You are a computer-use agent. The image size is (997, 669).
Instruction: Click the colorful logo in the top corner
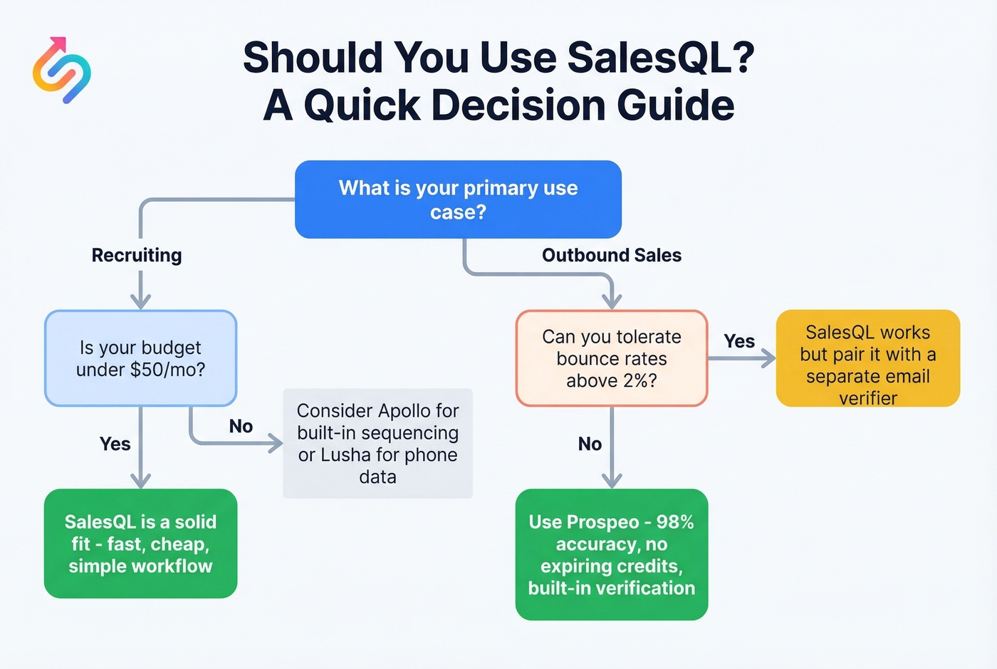pyautogui.click(x=62, y=71)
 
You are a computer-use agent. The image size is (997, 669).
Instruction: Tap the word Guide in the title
pyautogui.click(x=675, y=105)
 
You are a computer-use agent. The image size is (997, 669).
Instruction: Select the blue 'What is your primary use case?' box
pyautogui.click(x=458, y=199)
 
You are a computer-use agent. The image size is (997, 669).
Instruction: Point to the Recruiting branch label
pyautogui.click(x=137, y=255)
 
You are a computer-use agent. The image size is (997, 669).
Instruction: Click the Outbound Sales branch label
pyautogui.click(x=611, y=255)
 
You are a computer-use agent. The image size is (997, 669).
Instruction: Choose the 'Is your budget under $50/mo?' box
pyautogui.click(x=140, y=358)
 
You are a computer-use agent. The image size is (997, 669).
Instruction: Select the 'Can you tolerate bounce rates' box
pyautogui.click(x=611, y=358)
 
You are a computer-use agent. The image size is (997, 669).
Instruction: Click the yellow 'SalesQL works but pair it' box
pyautogui.click(x=867, y=358)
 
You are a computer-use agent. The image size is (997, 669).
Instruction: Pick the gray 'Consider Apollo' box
pyautogui.click(x=377, y=443)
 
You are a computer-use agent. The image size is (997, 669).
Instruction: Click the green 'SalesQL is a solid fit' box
pyautogui.click(x=140, y=544)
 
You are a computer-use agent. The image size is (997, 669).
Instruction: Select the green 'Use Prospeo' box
pyautogui.click(x=611, y=554)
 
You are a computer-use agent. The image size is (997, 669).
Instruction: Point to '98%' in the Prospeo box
pyautogui.click(x=674, y=522)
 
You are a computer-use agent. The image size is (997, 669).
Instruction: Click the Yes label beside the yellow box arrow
pyautogui.click(x=739, y=341)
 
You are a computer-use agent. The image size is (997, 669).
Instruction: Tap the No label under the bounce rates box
pyautogui.click(x=590, y=444)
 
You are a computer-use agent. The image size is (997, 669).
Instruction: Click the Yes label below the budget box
pyautogui.click(x=115, y=444)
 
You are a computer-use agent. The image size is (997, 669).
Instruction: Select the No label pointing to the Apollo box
pyautogui.click(x=241, y=426)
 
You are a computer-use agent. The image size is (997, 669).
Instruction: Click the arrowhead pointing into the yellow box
pyautogui.click(x=768, y=358)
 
